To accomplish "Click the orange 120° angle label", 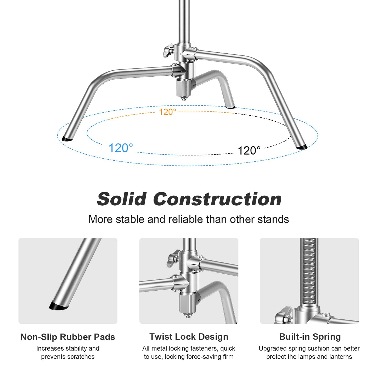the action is [167, 112].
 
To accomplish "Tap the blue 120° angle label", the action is [121, 148].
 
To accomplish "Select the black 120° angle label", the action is [249, 151].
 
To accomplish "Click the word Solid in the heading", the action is [122, 199].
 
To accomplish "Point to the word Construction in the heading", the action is [217, 199].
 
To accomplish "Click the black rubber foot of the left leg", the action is [67, 139].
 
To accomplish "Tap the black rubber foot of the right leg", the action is [302, 147].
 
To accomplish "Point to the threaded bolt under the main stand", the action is [184, 98].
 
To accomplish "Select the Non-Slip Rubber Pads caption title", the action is [68, 337].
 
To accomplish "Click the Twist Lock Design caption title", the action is [189, 337].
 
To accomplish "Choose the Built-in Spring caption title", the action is [310, 337].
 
